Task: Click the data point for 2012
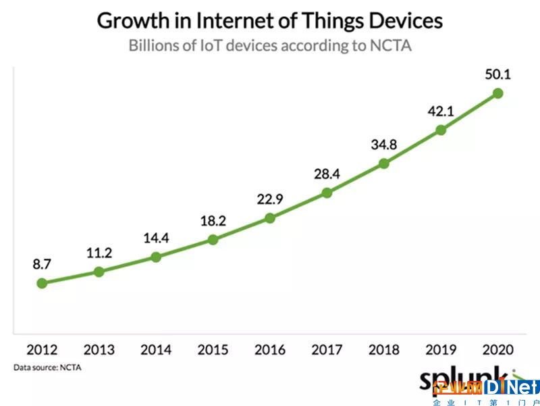tap(42, 283)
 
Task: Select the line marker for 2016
tap(270, 218)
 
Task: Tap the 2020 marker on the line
tap(498, 93)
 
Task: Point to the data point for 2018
tap(384, 163)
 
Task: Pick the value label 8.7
tap(42, 264)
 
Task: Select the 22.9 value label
tap(270, 199)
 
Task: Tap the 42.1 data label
tap(441, 110)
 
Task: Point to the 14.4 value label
tap(156, 238)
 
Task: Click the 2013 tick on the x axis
tap(99, 350)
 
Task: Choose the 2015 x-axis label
tap(213, 350)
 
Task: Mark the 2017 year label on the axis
tap(327, 350)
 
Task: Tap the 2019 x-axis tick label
tap(441, 350)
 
